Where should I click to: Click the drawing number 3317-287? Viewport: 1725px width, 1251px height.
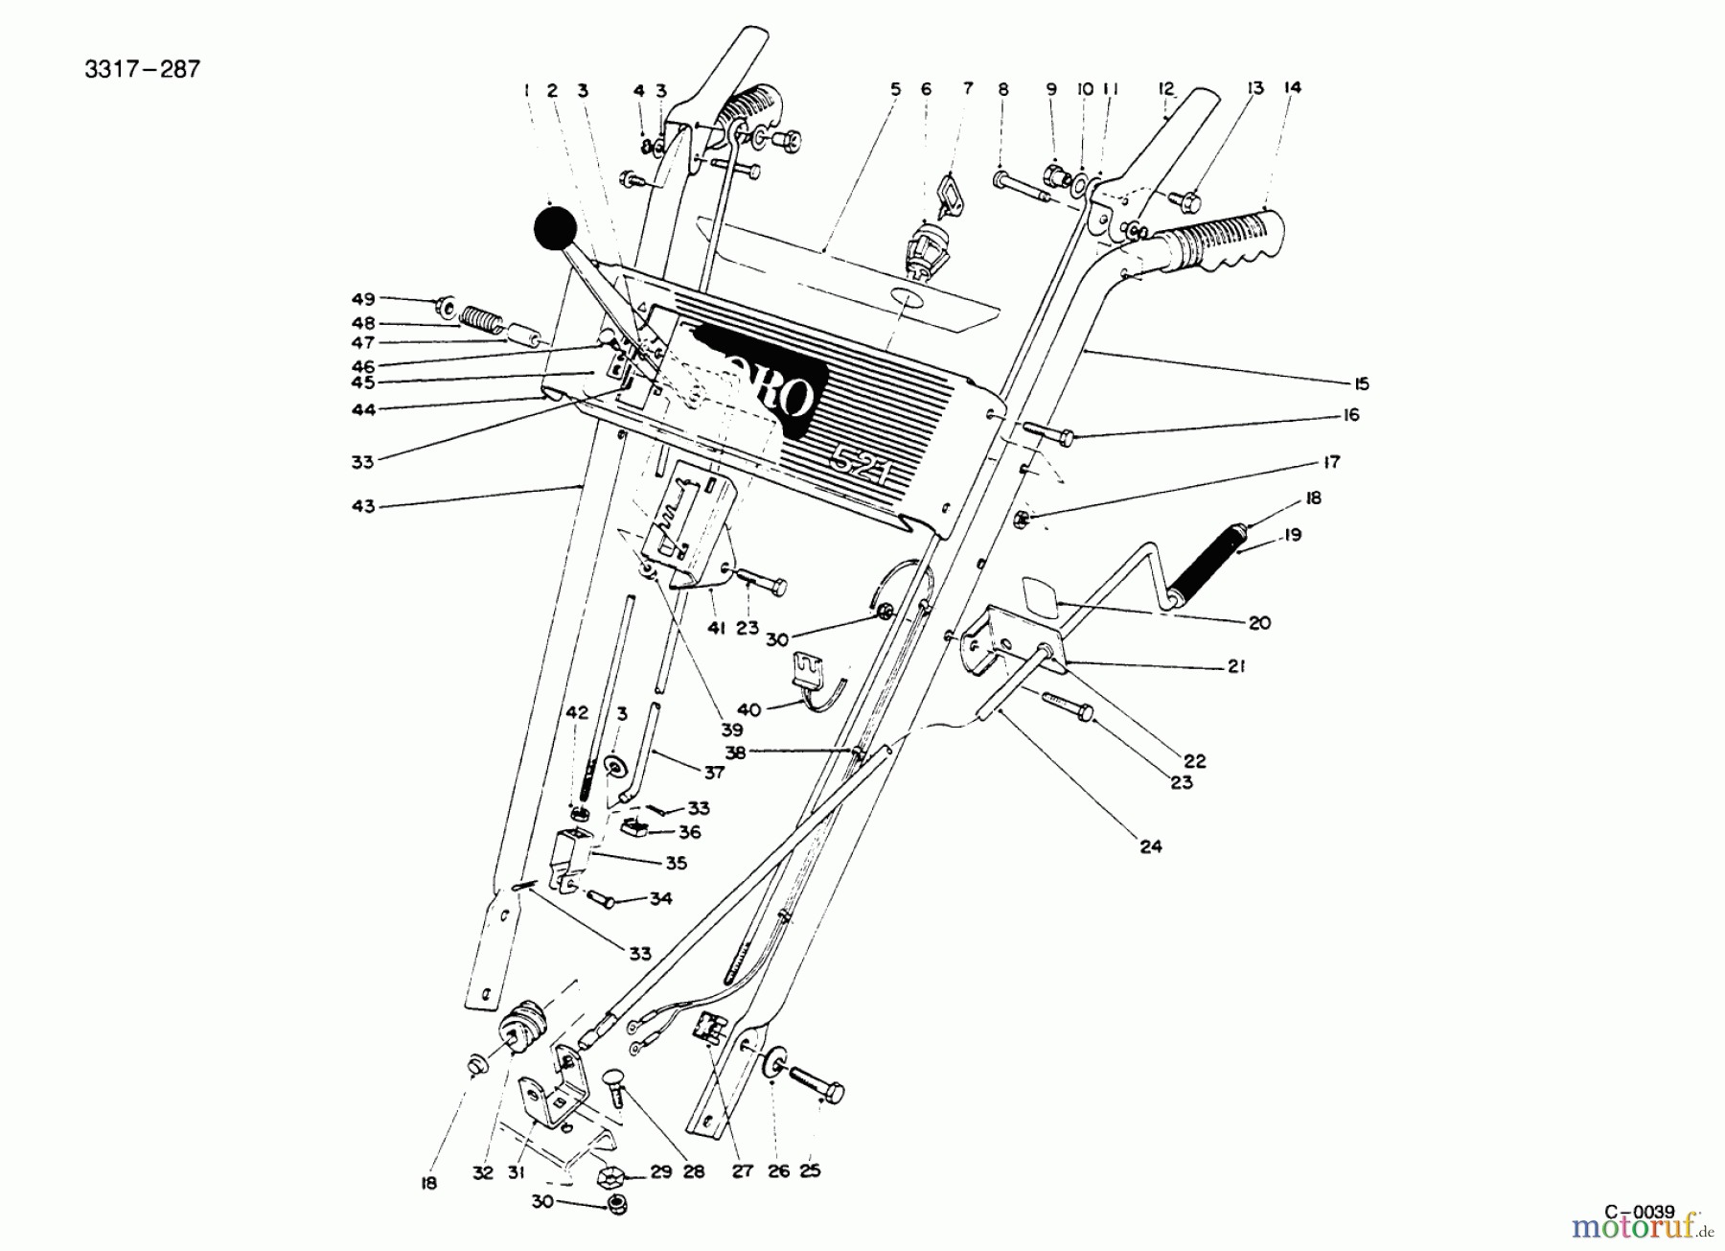tap(143, 70)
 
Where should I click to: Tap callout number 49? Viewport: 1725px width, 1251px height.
tap(363, 299)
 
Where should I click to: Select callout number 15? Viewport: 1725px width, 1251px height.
tap(1361, 384)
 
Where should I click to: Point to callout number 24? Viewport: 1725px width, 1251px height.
tap(1150, 846)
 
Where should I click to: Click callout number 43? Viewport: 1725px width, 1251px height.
tap(363, 505)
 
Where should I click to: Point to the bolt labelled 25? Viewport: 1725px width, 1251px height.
tap(816, 1085)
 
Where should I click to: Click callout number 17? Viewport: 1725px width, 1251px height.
tap(1331, 462)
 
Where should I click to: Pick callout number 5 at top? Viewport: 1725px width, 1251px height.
tap(895, 89)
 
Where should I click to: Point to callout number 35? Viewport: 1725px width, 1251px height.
tap(676, 864)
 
